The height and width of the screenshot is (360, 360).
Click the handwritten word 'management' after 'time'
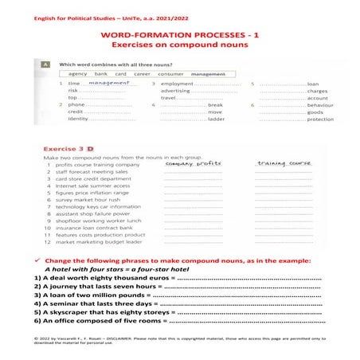point(109,82)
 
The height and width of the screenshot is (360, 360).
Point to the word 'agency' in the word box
point(78,72)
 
